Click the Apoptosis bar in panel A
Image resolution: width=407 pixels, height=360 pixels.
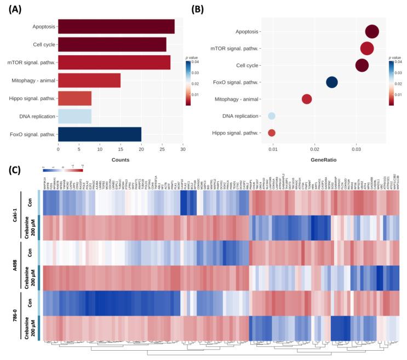click(116, 26)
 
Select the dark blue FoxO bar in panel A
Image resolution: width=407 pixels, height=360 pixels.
click(100, 134)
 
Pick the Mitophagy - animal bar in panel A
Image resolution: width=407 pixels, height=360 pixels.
click(89, 80)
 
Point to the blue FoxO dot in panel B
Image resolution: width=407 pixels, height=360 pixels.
click(332, 82)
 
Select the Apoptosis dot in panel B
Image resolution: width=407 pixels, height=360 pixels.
click(372, 32)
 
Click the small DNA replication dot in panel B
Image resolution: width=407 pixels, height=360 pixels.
click(272, 116)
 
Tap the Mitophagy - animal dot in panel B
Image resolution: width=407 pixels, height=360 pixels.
click(307, 99)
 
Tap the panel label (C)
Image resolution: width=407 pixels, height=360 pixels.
click(14, 170)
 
